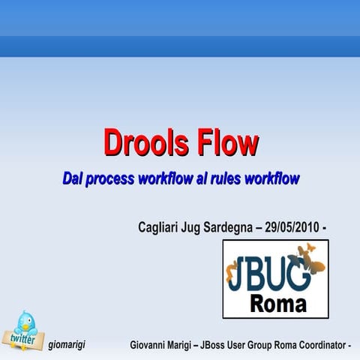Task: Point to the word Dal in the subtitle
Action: click(x=73, y=179)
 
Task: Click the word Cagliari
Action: click(x=160, y=226)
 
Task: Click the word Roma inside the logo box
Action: click(x=277, y=304)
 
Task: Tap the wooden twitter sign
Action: click(x=25, y=339)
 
